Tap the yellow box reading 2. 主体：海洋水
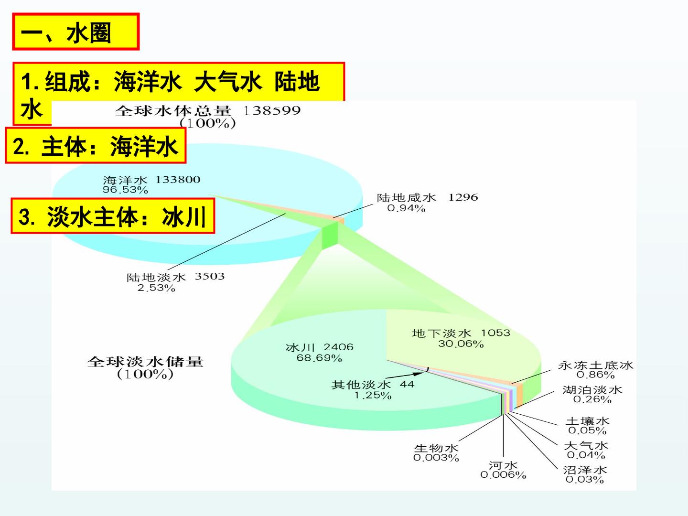pos(96,145)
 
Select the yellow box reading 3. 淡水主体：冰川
pos(113,216)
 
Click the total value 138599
pos(272,110)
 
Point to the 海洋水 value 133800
pos(178,180)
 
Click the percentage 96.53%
pos(125,190)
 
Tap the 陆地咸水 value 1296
pos(463,197)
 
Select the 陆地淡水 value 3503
pos(210,276)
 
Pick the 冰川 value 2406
pos(339,347)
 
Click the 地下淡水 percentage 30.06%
pos(461,344)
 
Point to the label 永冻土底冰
pos(595,365)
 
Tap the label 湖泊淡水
pos(592,390)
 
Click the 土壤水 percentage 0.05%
pos(587,430)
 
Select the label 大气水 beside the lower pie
pos(586,445)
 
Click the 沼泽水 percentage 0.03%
pos(585,480)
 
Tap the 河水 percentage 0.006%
pos(503,475)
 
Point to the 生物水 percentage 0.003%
pos(436,458)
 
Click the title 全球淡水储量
pos(145,362)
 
